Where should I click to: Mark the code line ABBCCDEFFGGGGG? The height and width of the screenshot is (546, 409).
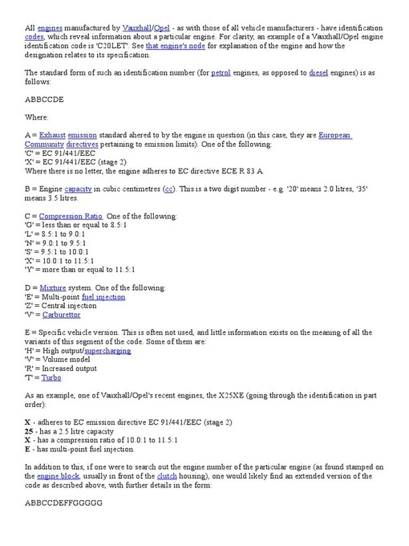(63, 503)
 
